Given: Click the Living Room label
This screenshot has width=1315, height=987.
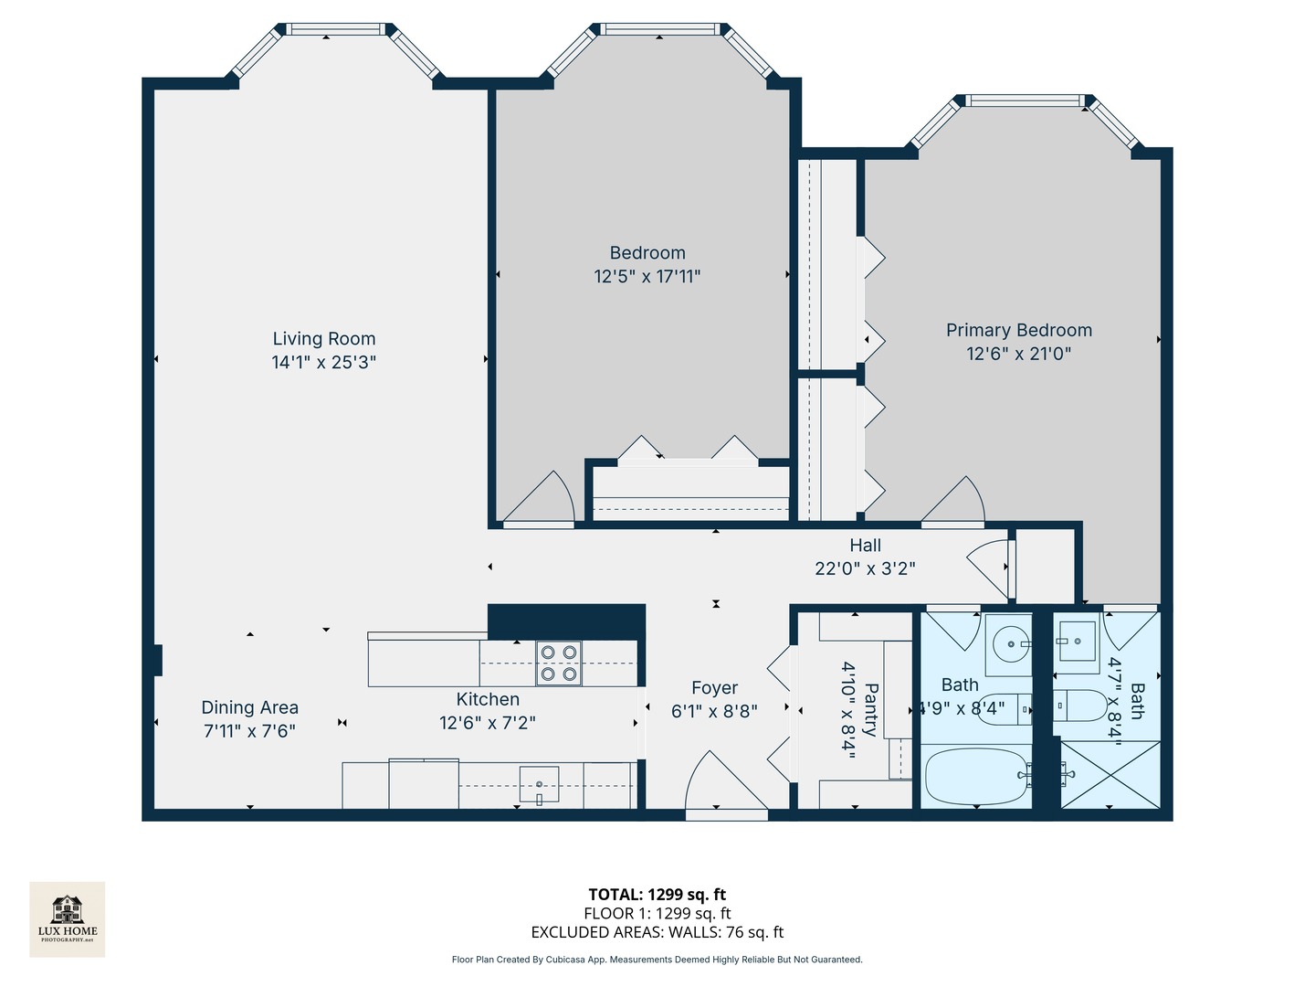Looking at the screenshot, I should tap(323, 339).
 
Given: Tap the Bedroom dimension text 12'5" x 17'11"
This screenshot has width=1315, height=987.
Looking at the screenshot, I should tap(647, 276).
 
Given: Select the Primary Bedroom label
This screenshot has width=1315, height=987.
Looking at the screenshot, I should tap(1018, 330).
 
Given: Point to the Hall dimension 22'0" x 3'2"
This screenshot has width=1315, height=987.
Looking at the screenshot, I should tap(865, 568).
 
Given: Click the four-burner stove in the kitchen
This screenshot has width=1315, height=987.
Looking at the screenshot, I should tap(558, 663).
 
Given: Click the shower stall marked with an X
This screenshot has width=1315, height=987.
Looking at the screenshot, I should tap(1110, 775).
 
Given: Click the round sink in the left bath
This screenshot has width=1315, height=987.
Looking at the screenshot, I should tap(1010, 644).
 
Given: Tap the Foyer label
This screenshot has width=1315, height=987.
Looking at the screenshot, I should tap(714, 688).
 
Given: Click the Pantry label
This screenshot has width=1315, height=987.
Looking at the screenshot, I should tap(870, 708).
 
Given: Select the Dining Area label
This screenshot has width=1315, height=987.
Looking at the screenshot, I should tap(249, 707).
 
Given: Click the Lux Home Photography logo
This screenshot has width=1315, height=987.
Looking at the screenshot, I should tap(68, 918).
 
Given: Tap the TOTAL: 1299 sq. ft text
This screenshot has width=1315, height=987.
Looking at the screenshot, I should tap(657, 895).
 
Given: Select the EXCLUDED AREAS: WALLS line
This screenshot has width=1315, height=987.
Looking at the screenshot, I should tap(657, 932).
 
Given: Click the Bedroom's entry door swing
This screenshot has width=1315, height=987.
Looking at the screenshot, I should tap(542, 501).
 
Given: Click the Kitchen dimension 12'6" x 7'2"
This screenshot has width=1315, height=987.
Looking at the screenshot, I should tap(487, 723).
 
